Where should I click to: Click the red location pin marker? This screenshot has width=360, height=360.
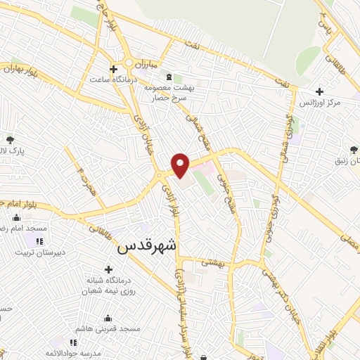181,165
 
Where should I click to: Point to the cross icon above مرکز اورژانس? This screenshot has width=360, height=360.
320,91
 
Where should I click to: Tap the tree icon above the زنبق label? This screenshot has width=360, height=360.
353,150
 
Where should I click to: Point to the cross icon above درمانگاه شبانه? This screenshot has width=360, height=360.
108,269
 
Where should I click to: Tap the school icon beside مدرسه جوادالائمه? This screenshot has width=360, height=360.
73,342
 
